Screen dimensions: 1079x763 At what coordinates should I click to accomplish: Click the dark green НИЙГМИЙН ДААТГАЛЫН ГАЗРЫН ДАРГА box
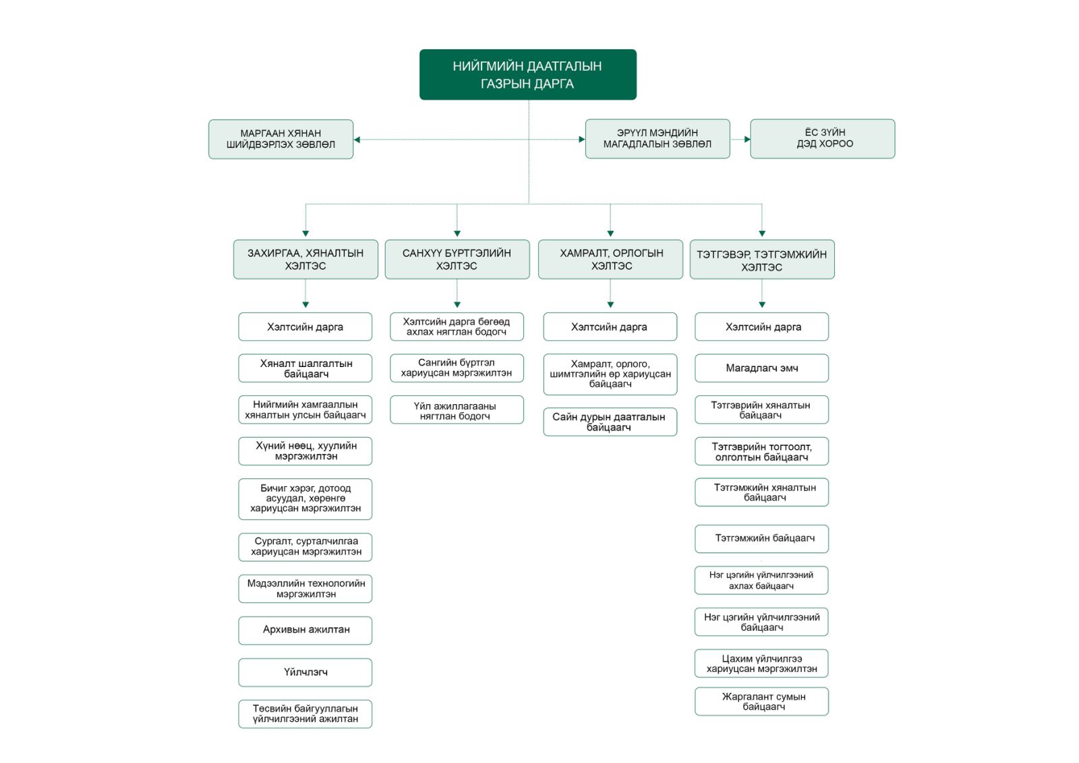pyautogui.click(x=528, y=75)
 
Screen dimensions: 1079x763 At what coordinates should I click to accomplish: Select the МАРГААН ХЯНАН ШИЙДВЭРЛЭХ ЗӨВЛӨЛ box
pyautogui.click(x=281, y=139)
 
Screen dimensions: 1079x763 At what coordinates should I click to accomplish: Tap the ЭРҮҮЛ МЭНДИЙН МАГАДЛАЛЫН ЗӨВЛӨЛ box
pyautogui.click(x=658, y=139)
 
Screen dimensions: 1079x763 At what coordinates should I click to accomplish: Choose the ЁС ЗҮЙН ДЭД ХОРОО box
pyautogui.click(x=823, y=139)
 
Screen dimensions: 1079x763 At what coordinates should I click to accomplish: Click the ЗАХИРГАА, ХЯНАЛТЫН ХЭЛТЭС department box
pyautogui.click(x=306, y=259)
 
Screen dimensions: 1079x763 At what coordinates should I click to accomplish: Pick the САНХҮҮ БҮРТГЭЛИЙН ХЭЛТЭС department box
pyautogui.click(x=457, y=259)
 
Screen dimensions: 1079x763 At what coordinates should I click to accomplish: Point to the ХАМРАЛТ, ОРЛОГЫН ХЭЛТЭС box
pyautogui.click(x=611, y=259)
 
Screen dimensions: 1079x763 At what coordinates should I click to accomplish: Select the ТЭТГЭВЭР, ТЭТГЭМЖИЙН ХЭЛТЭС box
pyautogui.click(x=762, y=259)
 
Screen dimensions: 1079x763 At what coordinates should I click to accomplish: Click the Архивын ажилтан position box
pyautogui.click(x=305, y=631)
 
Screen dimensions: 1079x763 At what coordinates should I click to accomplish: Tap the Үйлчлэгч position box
pyautogui.click(x=305, y=673)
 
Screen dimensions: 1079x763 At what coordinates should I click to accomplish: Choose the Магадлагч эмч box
pyautogui.click(x=761, y=368)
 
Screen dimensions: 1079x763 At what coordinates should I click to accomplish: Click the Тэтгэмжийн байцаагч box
pyautogui.click(x=761, y=539)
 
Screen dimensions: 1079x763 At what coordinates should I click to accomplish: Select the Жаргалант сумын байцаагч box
pyautogui.click(x=761, y=702)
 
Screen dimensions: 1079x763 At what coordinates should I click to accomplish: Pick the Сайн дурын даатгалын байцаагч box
pyautogui.click(x=610, y=422)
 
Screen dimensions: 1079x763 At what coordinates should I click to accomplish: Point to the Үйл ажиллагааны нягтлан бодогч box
pyautogui.click(x=457, y=409)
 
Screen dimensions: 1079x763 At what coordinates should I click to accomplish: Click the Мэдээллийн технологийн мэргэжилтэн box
pyautogui.click(x=305, y=588)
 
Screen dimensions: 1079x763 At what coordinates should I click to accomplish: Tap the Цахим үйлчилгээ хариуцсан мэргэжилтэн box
pyautogui.click(x=761, y=663)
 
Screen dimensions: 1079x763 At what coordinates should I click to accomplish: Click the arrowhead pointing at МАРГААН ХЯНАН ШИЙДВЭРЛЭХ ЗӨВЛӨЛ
pyautogui.click(x=357, y=140)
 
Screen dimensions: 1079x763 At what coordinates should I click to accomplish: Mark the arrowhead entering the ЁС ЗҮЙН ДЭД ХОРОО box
pyautogui.click(x=747, y=139)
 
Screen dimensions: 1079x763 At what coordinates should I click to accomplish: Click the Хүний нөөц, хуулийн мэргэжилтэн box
pyautogui.click(x=305, y=451)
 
